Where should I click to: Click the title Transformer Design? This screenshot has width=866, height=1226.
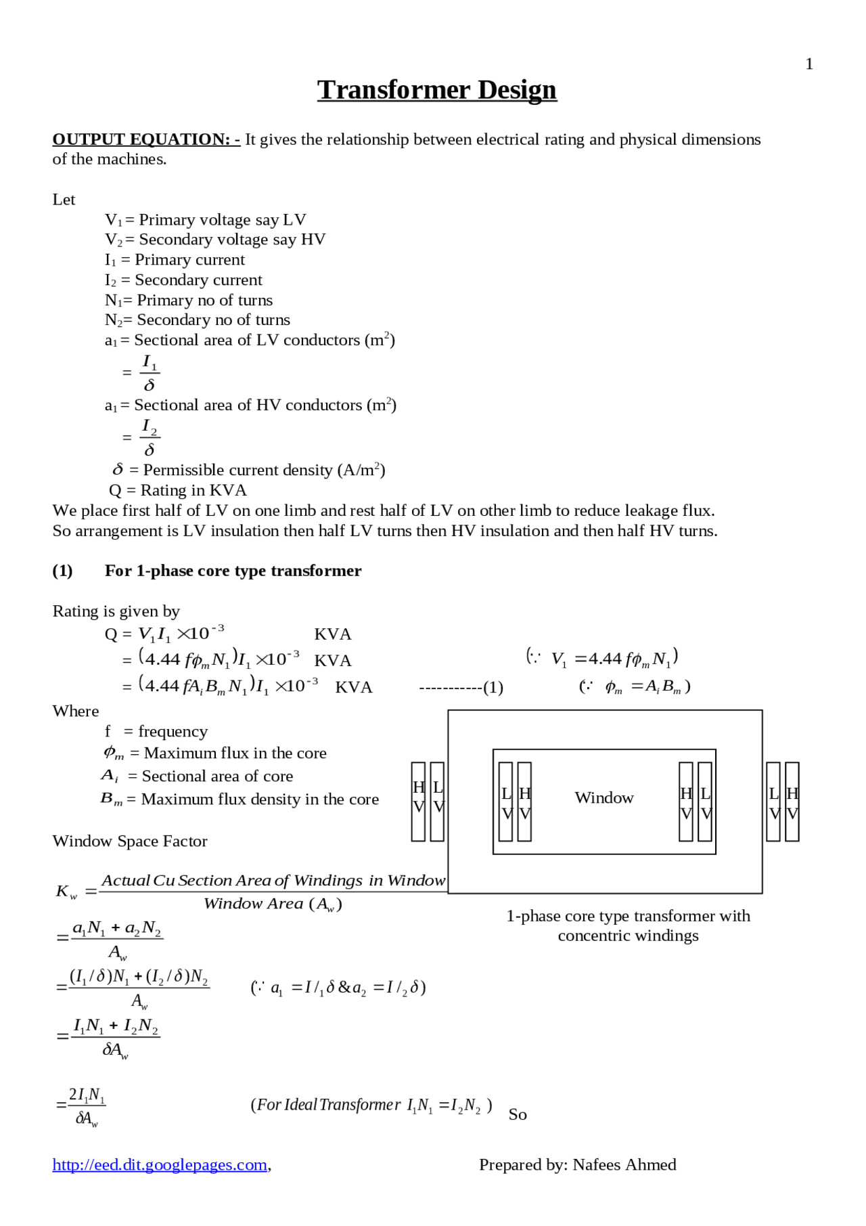(x=436, y=90)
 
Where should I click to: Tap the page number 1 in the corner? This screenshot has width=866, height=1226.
(x=808, y=64)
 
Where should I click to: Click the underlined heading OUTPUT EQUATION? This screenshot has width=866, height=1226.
(x=145, y=139)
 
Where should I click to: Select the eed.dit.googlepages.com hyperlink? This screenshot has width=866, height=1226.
(x=160, y=1164)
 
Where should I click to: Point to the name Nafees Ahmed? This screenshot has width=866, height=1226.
(x=624, y=1164)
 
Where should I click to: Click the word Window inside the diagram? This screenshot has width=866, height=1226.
(x=603, y=798)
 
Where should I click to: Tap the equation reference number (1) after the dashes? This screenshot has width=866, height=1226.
(x=493, y=688)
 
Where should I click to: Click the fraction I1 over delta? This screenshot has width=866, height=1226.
(x=150, y=373)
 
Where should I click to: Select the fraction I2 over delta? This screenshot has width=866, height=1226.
(x=150, y=438)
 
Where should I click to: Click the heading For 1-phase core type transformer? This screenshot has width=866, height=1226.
(x=233, y=571)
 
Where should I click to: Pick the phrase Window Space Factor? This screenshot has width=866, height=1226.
(x=130, y=841)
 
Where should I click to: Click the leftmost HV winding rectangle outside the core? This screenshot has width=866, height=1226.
(x=418, y=801)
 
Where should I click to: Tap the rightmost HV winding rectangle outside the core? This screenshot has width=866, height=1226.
(x=792, y=801)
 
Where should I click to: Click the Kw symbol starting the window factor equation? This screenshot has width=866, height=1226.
(x=66, y=892)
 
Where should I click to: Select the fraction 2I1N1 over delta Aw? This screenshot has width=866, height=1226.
(x=87, y=1105)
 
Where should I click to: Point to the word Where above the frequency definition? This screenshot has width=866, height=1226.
(x=76, y=711)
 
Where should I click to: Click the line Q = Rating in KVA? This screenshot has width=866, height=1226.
(x=177, y=490)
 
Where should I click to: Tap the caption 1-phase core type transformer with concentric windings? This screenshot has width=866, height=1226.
(x=628, y=925)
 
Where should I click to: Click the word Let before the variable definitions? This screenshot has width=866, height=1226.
(x=64, y=200)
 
